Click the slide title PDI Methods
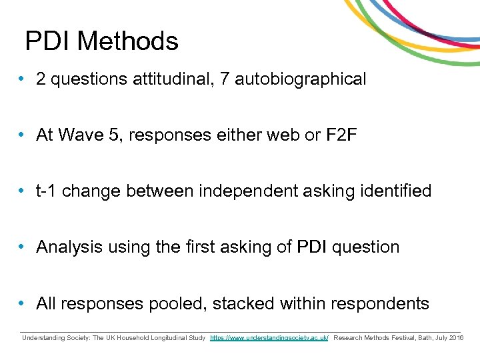tap(102, 41)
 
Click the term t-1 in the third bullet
tap(47, 191)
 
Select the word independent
tap(239, 191)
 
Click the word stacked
tap(244, 303)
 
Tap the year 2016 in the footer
tap(457, 338)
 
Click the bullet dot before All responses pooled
tap(23, 303)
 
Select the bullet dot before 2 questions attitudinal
tap(23, 79)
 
